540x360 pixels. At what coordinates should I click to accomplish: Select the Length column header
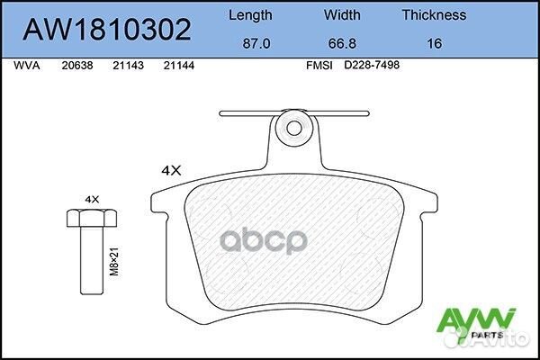(250, 15)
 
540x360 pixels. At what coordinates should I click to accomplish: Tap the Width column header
(341, 15)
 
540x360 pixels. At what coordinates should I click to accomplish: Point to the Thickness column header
(433, 15)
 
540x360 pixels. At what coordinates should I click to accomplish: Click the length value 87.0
(250, 41)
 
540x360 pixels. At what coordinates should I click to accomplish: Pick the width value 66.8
(341, 41)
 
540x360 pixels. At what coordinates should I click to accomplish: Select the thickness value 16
(433, 41)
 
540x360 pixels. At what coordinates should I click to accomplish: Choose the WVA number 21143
(127, 66)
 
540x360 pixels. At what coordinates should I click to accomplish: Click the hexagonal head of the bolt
(91, 218)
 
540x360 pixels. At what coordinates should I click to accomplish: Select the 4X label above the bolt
(91, 197)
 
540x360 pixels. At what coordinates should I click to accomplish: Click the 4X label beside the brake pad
(171, 169)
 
